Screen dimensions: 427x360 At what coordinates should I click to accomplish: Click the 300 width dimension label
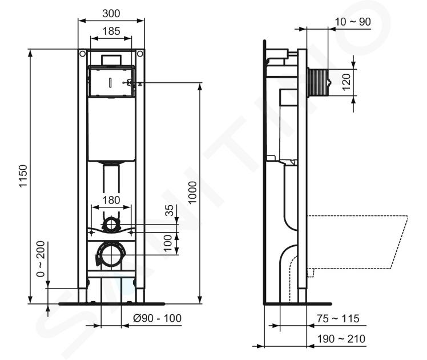click(x=111, y=13)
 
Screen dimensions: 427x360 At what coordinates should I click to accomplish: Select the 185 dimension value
click(x=111, y=31)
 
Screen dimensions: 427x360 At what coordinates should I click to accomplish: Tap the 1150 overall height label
click(x=23, y=176)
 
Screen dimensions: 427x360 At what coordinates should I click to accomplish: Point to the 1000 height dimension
click(x=192, y=193)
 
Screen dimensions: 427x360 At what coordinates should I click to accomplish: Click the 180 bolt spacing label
click(x=111, y=201)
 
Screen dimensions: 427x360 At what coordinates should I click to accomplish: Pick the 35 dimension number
click(x=169, y=210)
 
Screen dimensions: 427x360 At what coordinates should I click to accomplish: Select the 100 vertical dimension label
click(x=168, y=243)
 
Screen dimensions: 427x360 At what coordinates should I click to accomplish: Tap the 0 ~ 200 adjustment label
click(x=41, y=259)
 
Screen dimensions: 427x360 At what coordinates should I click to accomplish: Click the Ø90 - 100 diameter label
click(x=158, y=318)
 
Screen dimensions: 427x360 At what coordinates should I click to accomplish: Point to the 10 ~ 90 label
click(x=353, y=22)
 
